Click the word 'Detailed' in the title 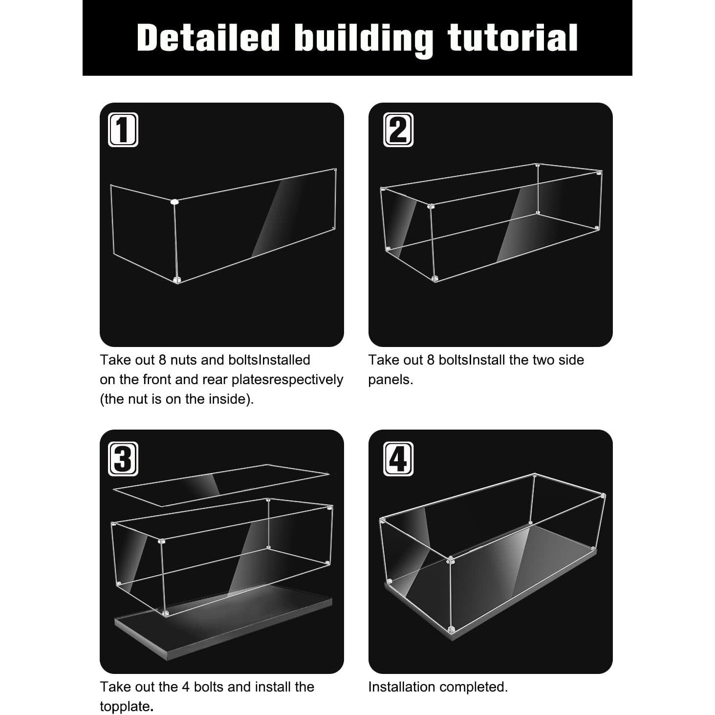(x=208, y=38)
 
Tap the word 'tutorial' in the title (x=512, y=38)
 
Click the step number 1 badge (x=123, y=130)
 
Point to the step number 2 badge (x=398, y=130)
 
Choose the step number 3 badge (x=123, y=459)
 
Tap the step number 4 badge (x=398, y=459)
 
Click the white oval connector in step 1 (x=174, y=202)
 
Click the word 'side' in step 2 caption (x=571, y=360)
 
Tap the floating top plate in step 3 (x=221, y=485)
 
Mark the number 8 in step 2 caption (x=431, y=360)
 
